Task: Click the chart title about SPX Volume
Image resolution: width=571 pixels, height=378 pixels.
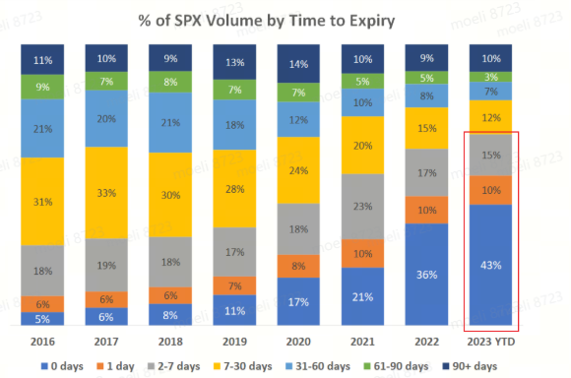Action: coord(267,21)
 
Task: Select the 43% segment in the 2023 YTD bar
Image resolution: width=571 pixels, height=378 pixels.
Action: coord(490,265)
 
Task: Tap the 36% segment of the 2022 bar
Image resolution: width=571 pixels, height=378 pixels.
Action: coord(426,275)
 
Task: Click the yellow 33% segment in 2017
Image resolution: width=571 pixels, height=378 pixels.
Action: coord(106,193)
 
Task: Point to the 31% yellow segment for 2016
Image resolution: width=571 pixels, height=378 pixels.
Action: coord(42,202)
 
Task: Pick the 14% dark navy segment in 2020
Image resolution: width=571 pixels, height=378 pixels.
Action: coord(298,64)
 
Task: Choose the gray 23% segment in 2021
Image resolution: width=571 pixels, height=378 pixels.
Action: coord(362,207)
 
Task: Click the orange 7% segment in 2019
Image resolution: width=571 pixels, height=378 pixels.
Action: coord(234,285)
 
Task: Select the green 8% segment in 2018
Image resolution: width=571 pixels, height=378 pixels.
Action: coord(170,82)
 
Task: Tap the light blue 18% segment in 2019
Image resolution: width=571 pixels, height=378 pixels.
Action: coord(234,125)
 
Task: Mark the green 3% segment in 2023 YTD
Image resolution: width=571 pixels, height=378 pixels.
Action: coord(490,77)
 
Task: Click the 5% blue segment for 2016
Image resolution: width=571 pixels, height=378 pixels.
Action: coord(42,319)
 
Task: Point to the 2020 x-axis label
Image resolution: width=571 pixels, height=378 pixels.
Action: coord(298,342)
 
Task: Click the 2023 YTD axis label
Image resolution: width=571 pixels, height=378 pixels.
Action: coord(491,342)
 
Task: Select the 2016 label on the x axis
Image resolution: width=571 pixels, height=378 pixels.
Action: coord(42,342)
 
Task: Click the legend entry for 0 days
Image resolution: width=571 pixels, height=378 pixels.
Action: coord(62,366)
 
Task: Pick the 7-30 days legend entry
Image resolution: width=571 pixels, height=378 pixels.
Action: coord(242,366)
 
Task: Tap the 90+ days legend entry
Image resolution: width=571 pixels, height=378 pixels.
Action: coord(470,366)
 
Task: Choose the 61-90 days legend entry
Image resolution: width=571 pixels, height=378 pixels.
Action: coord(396,366)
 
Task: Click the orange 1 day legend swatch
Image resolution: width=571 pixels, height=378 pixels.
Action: coord(100,366)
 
